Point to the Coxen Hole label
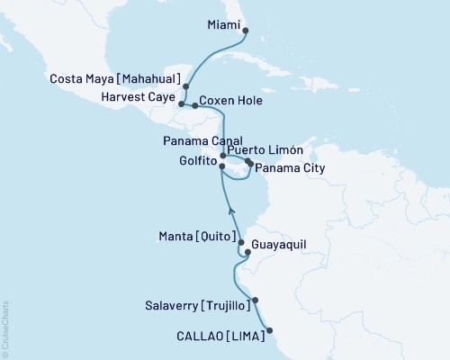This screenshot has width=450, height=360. point(231,103)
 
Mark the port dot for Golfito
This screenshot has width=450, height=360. point(222,166)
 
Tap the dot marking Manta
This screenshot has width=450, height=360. point(241,242)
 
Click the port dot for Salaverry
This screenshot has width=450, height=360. point(256,301)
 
